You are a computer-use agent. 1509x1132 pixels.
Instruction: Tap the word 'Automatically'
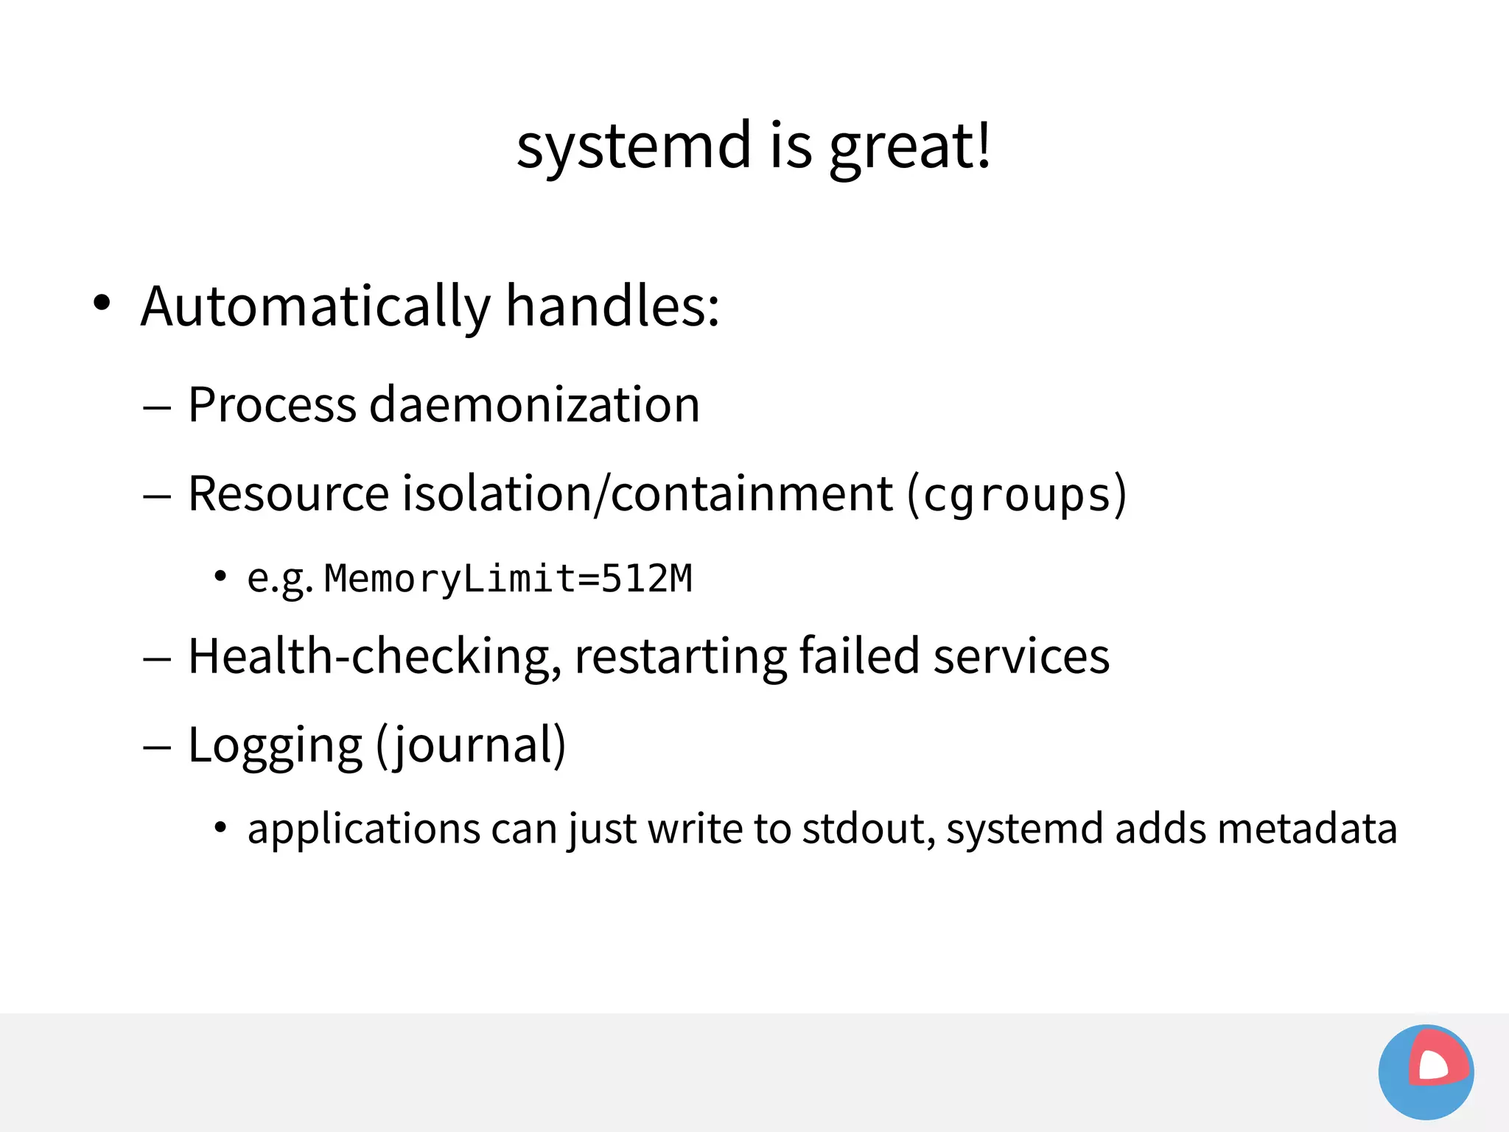(x=315, y=306)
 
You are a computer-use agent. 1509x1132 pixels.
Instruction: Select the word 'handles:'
(x=612, y=306)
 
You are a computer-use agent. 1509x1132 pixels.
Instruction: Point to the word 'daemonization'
(x=534, y=405)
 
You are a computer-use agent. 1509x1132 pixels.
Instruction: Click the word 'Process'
(x=272, y=405)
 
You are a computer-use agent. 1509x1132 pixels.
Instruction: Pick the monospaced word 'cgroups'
(x=1017, y=495)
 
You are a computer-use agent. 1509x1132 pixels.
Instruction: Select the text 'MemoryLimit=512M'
(x=508, y=579)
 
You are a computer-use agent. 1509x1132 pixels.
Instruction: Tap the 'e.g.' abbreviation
(x=280, y=579)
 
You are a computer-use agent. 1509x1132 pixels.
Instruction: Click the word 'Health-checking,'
(x=374, y=656)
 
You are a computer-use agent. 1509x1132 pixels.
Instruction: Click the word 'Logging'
(x=275, y=745)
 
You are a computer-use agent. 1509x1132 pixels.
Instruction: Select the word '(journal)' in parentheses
(x=471, y=745)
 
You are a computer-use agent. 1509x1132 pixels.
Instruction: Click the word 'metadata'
(x=1307, y=829)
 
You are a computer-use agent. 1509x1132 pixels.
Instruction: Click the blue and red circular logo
(x=1426, y=1072)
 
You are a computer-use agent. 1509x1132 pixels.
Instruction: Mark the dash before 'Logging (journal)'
(x=157, y=748)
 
